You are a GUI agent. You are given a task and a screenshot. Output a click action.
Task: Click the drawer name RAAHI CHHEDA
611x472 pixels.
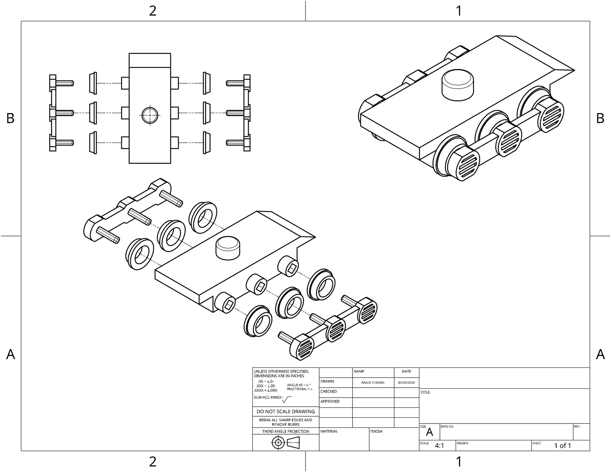pos(373,382)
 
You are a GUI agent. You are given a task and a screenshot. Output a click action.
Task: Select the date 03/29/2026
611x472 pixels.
pos(406,382)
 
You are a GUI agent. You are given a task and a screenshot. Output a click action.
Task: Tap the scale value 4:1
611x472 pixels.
pos(439,446)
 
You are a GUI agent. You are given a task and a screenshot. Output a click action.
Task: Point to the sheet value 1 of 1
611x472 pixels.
pos(563,446)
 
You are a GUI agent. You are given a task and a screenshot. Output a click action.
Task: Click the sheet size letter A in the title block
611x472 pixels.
pos(429,432)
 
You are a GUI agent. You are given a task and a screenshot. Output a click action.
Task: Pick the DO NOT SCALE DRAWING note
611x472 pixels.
pos(286,411)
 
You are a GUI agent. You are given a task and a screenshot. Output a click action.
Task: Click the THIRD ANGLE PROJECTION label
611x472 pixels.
pos(286,431)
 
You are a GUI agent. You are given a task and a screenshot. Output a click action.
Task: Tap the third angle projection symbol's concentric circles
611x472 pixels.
pos(278,443)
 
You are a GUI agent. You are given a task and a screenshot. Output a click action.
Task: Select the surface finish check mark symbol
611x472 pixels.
pos(287,399)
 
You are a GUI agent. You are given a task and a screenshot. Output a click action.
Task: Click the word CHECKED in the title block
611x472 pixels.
pos(328,391)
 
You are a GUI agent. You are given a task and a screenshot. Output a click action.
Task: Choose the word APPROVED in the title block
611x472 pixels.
pos(330,401)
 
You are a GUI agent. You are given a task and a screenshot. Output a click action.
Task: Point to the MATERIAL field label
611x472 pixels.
pos(329,431)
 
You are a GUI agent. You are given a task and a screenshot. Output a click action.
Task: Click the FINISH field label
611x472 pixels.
pos(376,431)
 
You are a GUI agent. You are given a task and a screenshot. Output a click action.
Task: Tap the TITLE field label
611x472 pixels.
pos(425,392)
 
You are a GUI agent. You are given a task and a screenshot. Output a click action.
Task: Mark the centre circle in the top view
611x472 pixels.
pos(150,114)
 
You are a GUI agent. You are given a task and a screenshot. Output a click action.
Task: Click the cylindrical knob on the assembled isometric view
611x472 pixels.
pos(457,84)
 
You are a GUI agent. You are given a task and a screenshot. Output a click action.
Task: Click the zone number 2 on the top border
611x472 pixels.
pos(153,11)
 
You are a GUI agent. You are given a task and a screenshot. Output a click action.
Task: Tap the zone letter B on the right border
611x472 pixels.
pos(600,118)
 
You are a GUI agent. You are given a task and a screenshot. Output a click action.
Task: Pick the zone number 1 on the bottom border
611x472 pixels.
pos(459,462)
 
